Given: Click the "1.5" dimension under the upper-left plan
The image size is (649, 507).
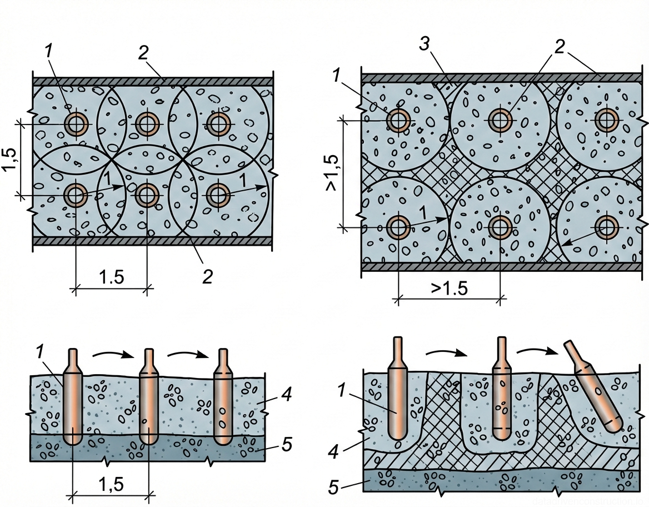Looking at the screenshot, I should (x=111, y=277).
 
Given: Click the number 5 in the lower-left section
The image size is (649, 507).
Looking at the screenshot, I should (x=287, y=445).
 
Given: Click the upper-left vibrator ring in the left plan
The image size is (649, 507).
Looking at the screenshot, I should (x=75, y=123).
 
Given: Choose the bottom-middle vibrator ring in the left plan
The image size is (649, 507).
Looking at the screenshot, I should (x=147, y=195).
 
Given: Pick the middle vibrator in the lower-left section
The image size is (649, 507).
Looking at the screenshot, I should (x=148, y=397).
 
